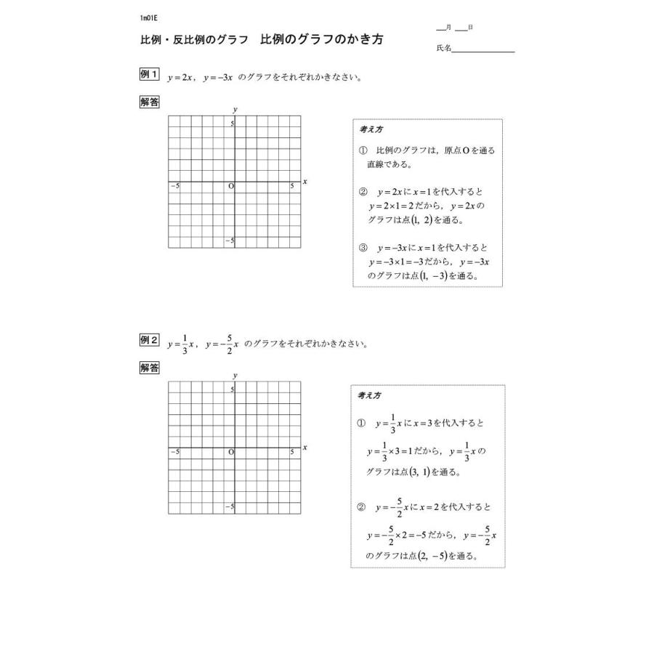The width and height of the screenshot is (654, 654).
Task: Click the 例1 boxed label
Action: tap(149, 75)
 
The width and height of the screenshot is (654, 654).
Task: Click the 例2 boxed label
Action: tap(149, 340)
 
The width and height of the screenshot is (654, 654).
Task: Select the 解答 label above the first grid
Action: tap(150, 102)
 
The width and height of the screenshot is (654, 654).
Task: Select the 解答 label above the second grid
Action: tap(150, 368)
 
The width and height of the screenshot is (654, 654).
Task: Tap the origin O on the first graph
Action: tap(231, 187)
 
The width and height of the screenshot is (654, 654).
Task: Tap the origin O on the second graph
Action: tap(231, 452)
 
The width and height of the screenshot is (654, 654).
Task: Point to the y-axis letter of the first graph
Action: tap(235, 109)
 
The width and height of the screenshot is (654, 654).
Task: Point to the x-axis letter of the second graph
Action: tap(305, 447)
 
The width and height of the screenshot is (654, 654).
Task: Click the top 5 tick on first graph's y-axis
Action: tap(233, 124)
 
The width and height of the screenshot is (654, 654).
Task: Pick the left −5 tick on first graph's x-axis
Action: tap(174, 187)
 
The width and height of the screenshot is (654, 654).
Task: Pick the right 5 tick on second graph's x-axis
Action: tap(292, 452)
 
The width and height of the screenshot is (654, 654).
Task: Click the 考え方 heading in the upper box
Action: tap(371, 130)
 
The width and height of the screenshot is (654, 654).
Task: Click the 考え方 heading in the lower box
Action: tap(369, 395)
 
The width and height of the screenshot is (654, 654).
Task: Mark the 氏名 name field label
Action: tap(444, 48)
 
